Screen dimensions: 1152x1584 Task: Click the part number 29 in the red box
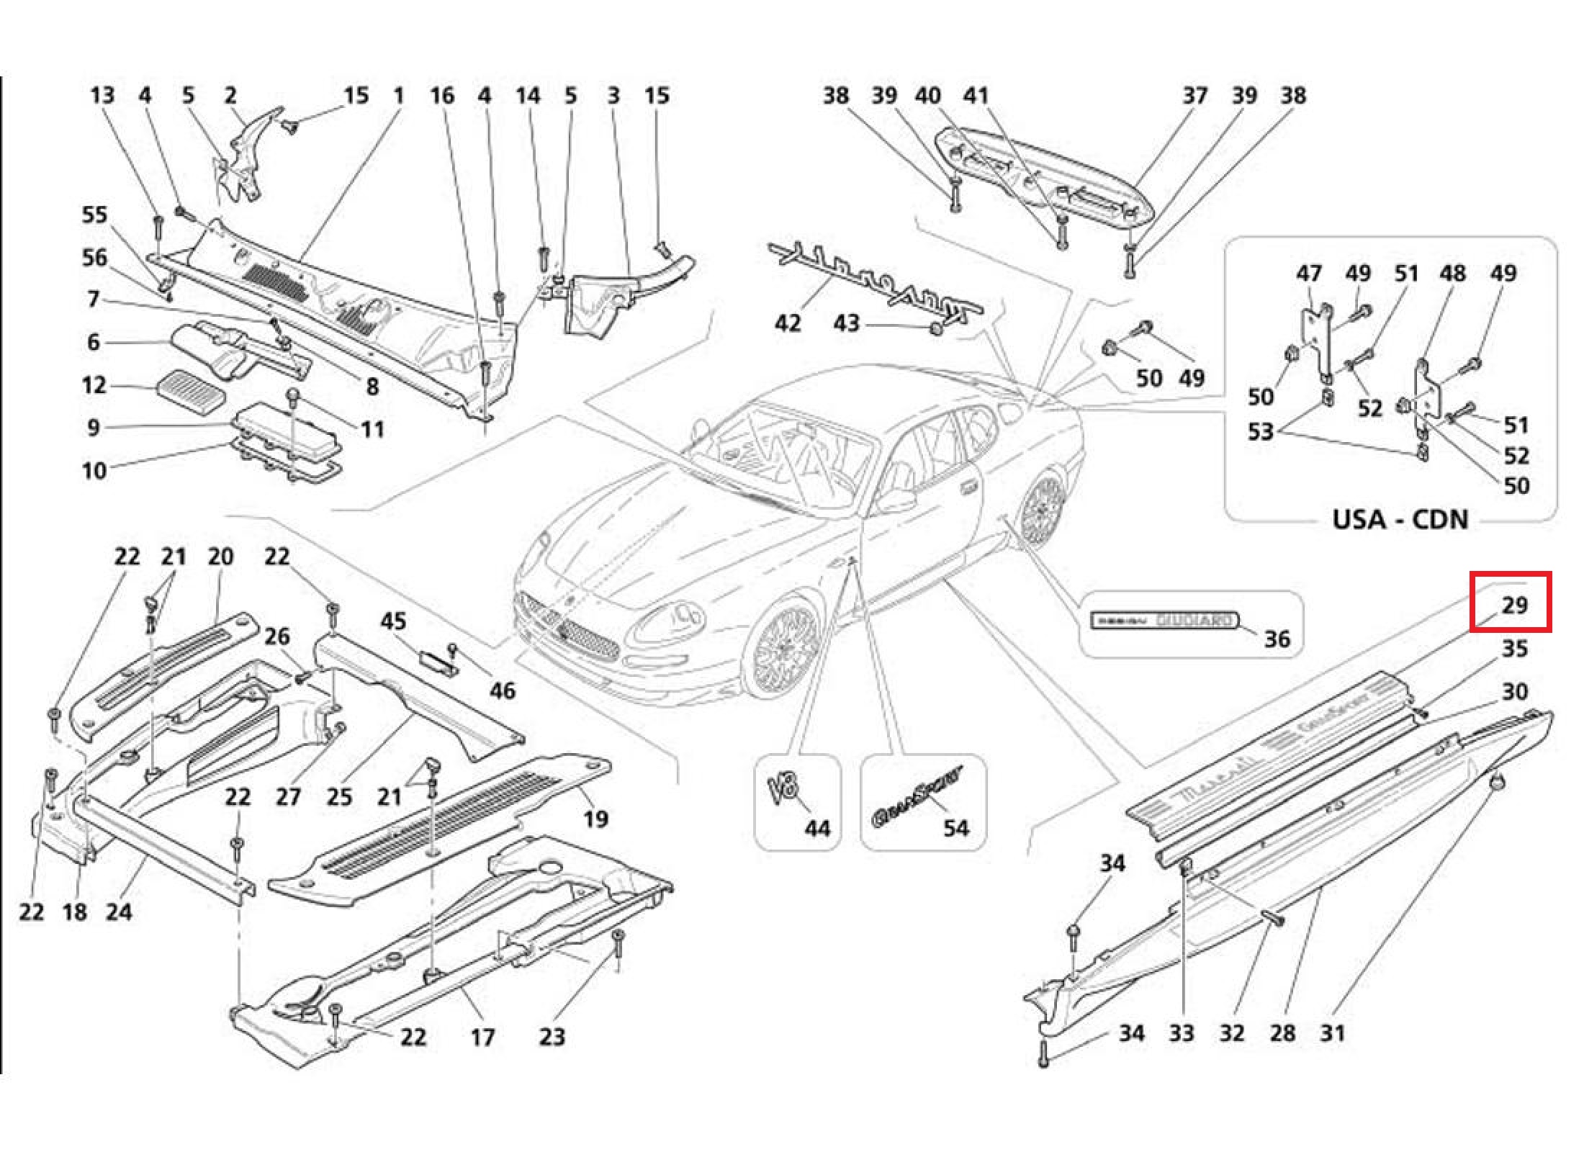[1514, 604]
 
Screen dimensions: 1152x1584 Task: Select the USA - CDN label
[1399, 519]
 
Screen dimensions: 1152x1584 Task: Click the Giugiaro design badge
[1164, 620]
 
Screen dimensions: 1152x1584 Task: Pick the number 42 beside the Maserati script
[787, 323]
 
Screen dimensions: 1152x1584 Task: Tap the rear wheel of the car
[1043, 508]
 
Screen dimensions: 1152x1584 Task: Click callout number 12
[94, 385]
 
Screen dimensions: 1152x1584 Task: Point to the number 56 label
[94, 258]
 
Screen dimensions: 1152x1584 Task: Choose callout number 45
[393, 621]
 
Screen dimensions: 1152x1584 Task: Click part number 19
[595, 818]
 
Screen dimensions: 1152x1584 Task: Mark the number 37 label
[1194, 95]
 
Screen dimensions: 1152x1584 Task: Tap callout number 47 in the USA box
[1308, 274]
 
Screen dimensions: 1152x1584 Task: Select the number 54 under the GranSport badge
[955, 828]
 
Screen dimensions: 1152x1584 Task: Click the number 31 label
[1332, 1033]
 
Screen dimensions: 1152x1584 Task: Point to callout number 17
[482, 1037]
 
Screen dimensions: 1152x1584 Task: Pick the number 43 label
[846, 323]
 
